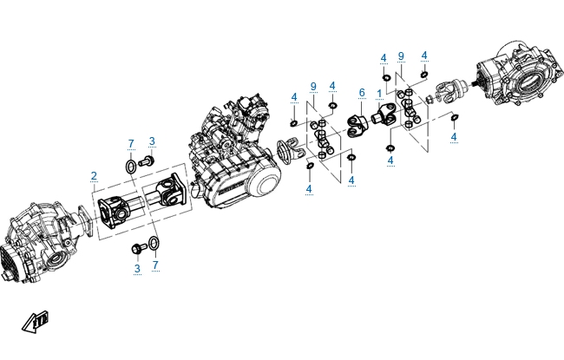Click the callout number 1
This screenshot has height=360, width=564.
[379, 95]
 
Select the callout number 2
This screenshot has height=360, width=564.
[94, 176]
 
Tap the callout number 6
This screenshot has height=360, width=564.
[362, 93]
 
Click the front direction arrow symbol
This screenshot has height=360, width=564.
[35, 322]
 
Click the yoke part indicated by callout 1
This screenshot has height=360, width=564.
[384, 115]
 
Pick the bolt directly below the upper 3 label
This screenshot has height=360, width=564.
[147, 161]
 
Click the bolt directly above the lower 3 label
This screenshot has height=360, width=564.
[139, 248]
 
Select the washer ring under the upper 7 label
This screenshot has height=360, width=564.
[131, 167]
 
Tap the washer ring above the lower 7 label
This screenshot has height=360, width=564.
[154, 244]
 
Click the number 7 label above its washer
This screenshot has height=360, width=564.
[131, 144]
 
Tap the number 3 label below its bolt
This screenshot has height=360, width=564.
[137, 269]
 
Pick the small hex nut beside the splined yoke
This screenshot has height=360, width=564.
[429, 99]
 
